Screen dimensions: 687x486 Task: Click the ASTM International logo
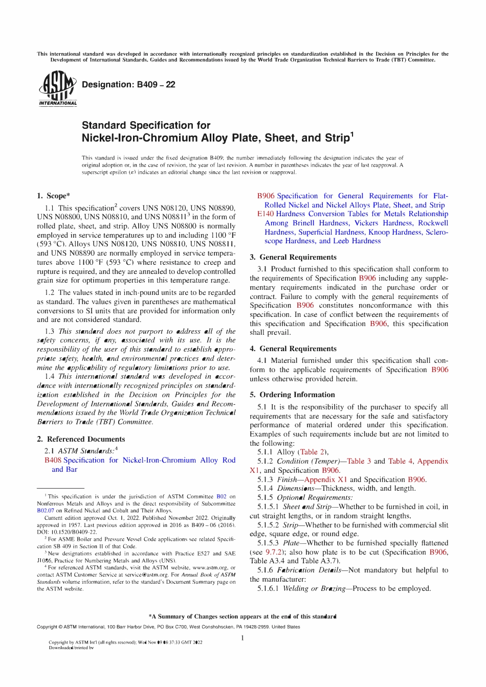click(x=57, y=89)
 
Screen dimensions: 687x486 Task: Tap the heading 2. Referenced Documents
click(x=81, y=439)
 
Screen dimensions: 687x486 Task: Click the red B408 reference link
click(x=53, y=460)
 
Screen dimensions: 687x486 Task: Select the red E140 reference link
click(x=266, y=214)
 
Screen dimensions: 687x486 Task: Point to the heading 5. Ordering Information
click(x=292, y=395)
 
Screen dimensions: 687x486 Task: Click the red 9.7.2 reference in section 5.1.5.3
click(x=273, y=552)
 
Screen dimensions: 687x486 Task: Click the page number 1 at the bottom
click(x=242, y=637)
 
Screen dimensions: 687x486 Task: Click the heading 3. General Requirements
click(x=293, y=257)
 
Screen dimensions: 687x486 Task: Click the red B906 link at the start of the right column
click(x=266, y=196)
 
